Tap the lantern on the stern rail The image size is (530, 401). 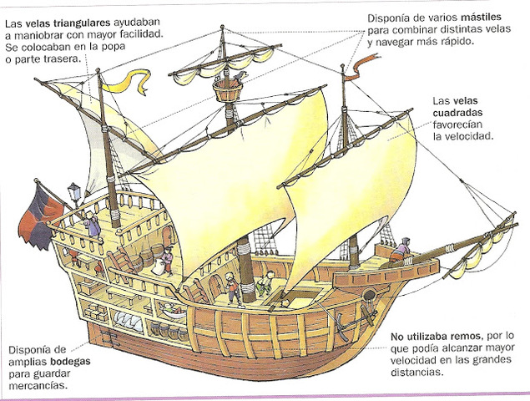coord(74,192)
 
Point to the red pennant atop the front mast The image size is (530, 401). coord(360,63)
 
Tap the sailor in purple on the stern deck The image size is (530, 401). coord(91,223)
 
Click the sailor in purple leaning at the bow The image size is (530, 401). coord(403,246)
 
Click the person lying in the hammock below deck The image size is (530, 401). coord(171,310)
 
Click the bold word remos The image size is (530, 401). coord(451,336)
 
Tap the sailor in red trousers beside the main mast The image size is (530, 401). coord(231,287)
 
